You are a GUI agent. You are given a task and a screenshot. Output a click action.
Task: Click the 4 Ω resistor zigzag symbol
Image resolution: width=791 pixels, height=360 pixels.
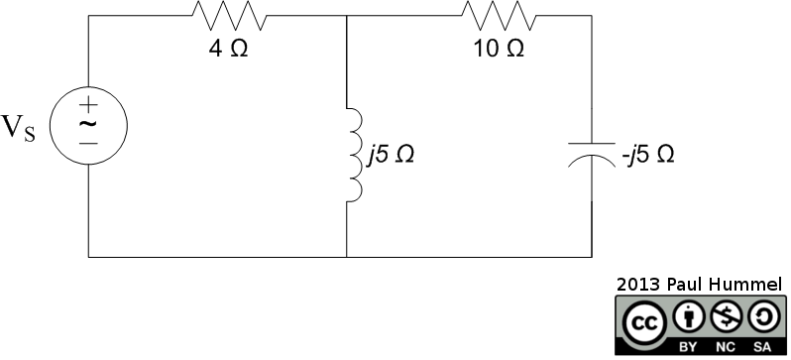pyautogui.click(x=229, y=17)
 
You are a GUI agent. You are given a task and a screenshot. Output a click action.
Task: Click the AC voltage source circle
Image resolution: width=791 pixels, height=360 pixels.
pyautogui.click(x=88, y=125)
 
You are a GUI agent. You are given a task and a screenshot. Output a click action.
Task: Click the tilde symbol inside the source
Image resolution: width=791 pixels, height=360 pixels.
pyautogui.click(x=88, y=125)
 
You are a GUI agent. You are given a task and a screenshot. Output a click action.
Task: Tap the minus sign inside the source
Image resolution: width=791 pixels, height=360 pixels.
pyautogui.click(x=88, y=144)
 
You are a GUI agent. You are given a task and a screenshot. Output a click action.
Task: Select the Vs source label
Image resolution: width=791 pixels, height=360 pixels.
pyautogui.click(x=19, y=128)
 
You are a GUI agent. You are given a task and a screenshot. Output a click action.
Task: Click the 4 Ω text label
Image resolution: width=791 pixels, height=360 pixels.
pyautogui.click(x=229, y=50)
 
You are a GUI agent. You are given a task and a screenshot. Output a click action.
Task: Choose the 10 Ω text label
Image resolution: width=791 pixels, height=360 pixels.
pyautogui.click(x=500, y=50)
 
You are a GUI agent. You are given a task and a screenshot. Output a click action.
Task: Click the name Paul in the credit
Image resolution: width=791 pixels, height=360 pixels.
pyautogui.click(x=692, y=284)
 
